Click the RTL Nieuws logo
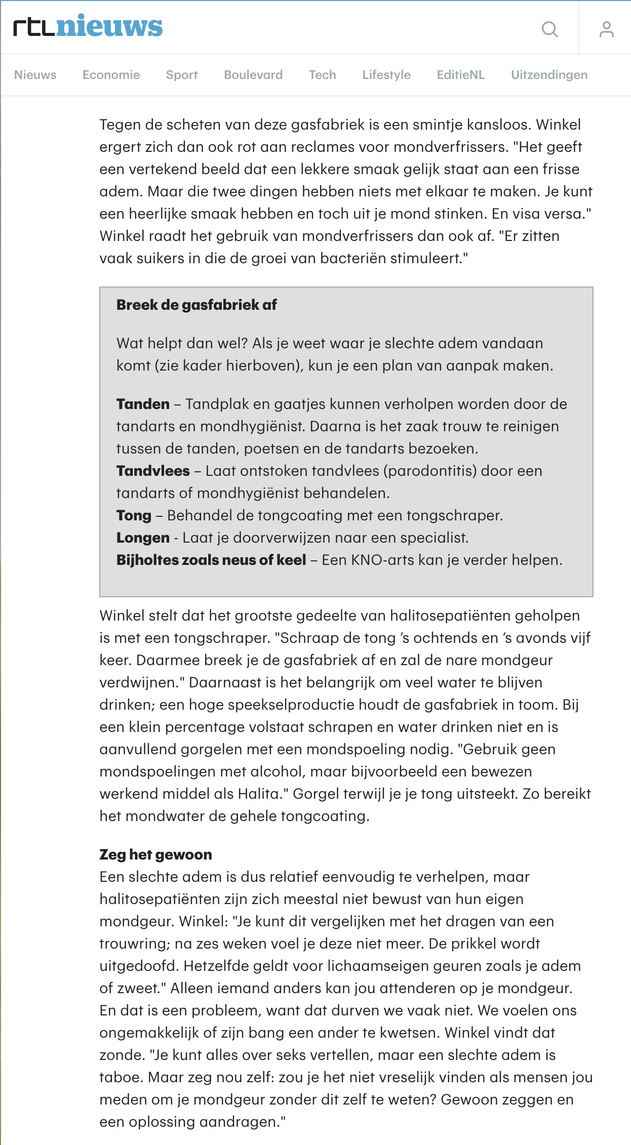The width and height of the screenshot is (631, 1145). pyautogui.click(x=88, y=27)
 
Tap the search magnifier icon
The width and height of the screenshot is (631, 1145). pyautogui.click(x=549, y=29)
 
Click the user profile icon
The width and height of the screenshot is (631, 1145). pyautogui.click(x=606, y=29)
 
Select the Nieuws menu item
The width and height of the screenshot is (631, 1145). pyautogui.click(x=35, y=75)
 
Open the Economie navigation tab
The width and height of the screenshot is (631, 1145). pyautogui.click(x=111, y=75)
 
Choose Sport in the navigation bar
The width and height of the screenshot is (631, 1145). pyautogui.click(x=182, y=75)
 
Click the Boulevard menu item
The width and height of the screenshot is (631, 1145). pyautogui.click(x=253, y=75)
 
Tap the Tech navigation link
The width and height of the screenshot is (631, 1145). pyautogui.click(x=323, y=75)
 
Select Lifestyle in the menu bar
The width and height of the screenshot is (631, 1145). pyautogui.click(x=386, y=75)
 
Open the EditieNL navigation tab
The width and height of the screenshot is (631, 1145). pyautogui.click(x=461, y=75)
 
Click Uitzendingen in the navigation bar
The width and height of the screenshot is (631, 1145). pyautogui.click(x=549, y=75)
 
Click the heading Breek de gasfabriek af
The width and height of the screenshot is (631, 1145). pyautogui.click(x=196, y=305)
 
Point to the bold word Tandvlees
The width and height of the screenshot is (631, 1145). pyautogui.click(x=153, y=471)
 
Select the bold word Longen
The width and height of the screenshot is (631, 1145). pyautogui.click(x=143, y=538)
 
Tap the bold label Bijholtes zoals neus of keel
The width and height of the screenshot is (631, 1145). pyautogui.click(x=211, y=560)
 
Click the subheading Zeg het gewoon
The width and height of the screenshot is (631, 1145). pyautogui.click(x=155, y=854)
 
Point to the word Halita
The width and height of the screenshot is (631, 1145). pyautogui.click(x=258, y=794)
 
